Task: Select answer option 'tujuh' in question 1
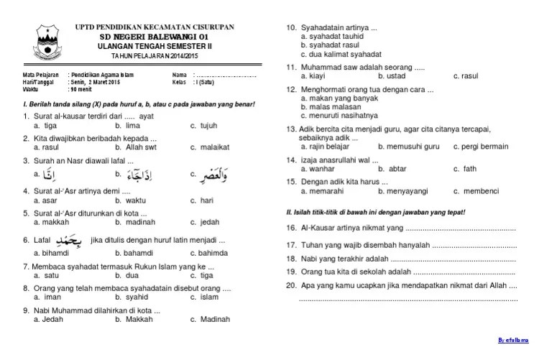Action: pos(207,126)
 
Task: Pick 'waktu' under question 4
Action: pos(135,201)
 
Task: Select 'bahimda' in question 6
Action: pos(213,254)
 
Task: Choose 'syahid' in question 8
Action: pos(137,297)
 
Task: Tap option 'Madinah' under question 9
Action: pos(215,320)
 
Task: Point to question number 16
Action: pos(291,229)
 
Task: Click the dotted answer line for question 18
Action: pos(454,258)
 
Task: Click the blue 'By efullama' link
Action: pos(515,339)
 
